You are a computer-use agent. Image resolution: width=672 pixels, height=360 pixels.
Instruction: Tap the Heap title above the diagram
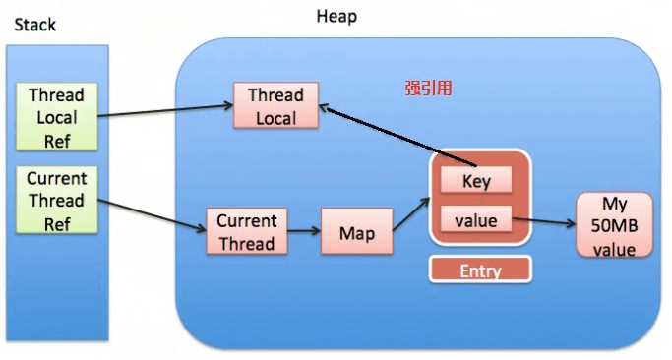pos(336,17)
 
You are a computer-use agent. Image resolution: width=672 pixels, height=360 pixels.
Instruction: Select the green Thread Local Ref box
pos(57,117)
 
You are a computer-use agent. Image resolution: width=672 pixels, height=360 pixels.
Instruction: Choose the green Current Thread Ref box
pos(57,201)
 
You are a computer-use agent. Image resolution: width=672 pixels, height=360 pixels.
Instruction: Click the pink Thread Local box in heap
pos(275,106)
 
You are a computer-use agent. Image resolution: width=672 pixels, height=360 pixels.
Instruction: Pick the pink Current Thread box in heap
pos(246,231)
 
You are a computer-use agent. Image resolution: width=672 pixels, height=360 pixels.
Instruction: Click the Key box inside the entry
pos(475,181)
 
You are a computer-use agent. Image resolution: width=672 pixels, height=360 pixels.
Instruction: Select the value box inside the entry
pos(475,221)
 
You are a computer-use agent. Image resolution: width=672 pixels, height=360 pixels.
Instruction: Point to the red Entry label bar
pos(479,270)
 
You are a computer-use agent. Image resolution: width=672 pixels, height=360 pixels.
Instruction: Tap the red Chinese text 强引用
pos(428,88)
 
